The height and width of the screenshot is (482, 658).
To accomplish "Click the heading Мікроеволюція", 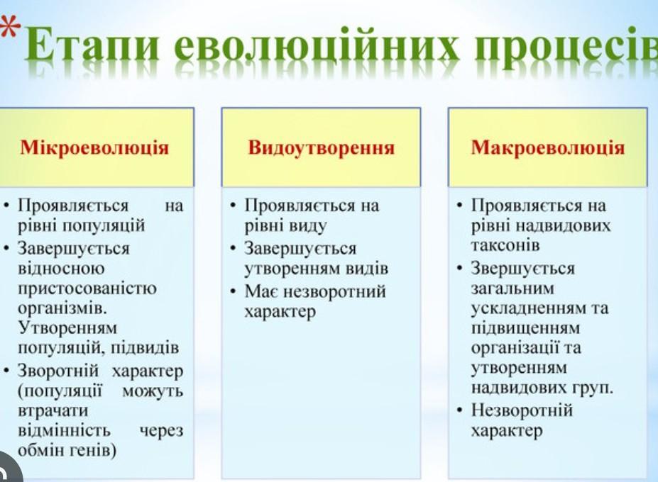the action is pos(94,148).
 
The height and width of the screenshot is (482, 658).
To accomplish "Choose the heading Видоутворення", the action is pos(321,148).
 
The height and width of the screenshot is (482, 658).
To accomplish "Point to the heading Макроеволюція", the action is pos(548,148).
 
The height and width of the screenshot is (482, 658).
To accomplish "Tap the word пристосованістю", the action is pos(87,288).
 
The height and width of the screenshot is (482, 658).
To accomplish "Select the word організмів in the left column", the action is pos(62,308).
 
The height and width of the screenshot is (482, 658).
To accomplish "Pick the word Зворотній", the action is pos(58,371).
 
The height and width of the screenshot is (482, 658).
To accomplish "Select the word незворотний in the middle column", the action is pos(334,291).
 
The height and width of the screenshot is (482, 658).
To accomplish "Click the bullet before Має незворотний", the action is pos(234,291).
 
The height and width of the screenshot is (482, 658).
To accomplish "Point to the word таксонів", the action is pos(505,245).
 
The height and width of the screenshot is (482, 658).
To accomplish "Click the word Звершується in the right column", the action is pos(522,269).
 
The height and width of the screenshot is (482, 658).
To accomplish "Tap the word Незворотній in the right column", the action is pos(522,410).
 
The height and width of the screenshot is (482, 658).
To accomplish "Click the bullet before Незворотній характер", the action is pos(461,409).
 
